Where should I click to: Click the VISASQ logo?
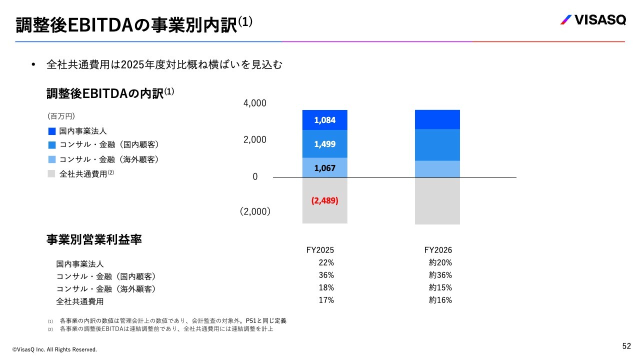pyautogui.click(x=592, y=20)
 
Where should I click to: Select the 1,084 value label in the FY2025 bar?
pyautogui.click(x=325, y=120)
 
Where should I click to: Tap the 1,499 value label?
pyautogui.click(x=325, y=144)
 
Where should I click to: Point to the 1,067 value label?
pyautogui.click(x=325, y=168)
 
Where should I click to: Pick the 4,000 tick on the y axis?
pyautogui.click(x=255, y=103)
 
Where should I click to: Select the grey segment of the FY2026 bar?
pyautogui.click(x=437, y=201)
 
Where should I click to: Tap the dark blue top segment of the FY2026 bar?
pyautogui.click(x=437, y=119)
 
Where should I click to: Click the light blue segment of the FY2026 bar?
pyautogui.click(x=437, y=169)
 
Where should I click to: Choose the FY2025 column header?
pyautogui.click(x=320, y=250)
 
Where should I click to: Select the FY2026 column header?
pyautogui.click(x=438, y=250)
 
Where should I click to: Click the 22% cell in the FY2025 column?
pyautogui.click(x=326, y=262)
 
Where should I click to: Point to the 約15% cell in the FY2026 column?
pyautogui.click(x=440, y=287)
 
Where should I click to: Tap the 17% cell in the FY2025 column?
pyautogui.click(x=326, y=300)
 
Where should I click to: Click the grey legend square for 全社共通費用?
pyautogui.click(x=51, y=174)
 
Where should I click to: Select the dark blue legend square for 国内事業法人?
pyautogui.click(x=51, y=131)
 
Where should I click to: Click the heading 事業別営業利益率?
pyautogui.click(x=94, y=240)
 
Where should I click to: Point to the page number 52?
pyautogui.click(x=626, y=346)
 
